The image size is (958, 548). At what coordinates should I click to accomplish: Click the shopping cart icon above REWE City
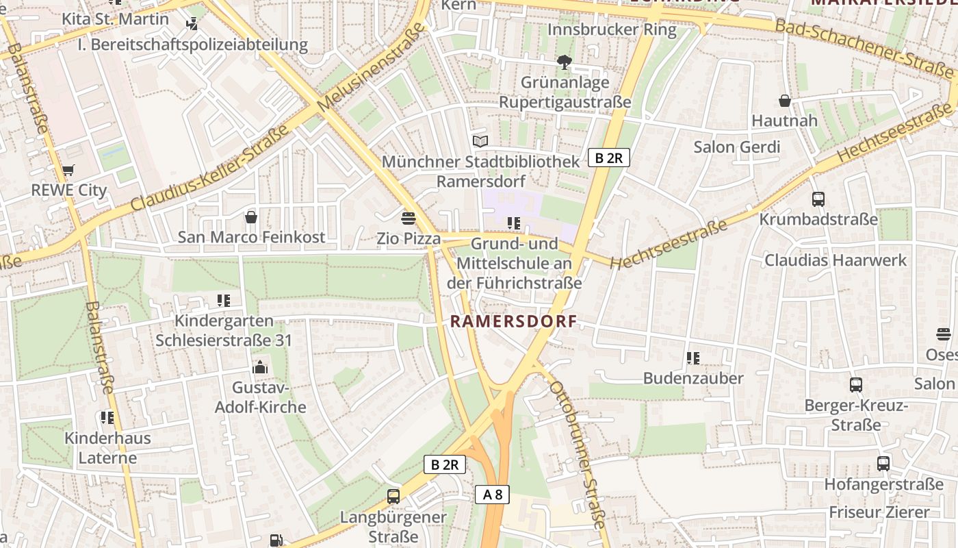68,170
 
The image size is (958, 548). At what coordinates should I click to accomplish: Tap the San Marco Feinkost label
251,237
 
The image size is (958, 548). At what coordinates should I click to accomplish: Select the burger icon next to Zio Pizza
409,218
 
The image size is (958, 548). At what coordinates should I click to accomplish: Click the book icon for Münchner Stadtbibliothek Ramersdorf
481,141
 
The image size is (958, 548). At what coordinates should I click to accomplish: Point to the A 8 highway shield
492,495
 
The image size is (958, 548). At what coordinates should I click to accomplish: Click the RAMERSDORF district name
513,321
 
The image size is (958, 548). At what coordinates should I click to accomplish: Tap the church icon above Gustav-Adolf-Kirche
259,368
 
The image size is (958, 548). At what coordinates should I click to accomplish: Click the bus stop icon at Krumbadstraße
818,199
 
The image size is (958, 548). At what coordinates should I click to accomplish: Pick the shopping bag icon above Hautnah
785,101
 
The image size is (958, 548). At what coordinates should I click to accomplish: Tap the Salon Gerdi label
736,147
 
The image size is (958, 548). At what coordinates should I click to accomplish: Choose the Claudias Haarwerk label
835,260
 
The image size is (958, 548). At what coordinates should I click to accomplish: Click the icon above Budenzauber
693,358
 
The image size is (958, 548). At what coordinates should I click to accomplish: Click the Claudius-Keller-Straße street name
209,169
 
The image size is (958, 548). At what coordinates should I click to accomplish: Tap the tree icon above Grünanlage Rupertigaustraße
565,62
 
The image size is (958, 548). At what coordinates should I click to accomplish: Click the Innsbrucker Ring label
612,30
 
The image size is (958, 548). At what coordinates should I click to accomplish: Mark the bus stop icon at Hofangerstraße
883,464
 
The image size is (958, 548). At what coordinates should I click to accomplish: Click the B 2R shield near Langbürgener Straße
445,464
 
